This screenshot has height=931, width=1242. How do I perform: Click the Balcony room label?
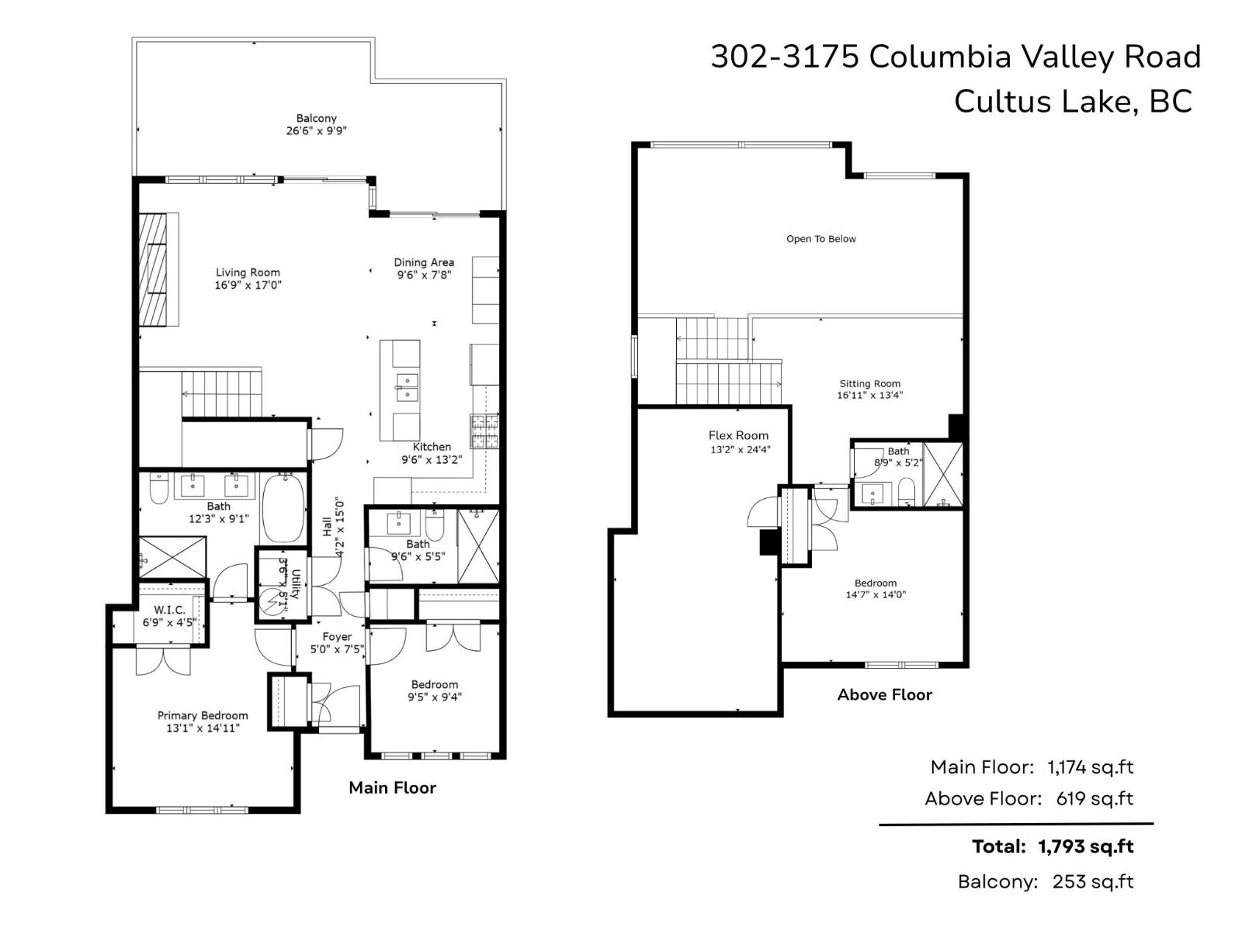[316, 119]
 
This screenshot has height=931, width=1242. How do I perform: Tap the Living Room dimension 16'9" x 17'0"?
[248, 286]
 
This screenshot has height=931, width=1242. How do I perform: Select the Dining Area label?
[423, 262]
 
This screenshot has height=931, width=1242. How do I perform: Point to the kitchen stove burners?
[484, 432]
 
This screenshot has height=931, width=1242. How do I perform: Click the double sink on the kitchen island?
[407, 387]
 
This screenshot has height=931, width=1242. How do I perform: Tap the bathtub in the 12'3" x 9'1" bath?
[283, 509]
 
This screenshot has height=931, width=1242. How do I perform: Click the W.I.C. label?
[169, 610]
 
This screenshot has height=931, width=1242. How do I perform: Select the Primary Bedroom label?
[203, 715]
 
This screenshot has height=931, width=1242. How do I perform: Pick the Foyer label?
[337, 636]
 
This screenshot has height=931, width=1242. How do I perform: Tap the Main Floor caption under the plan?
[392, 787]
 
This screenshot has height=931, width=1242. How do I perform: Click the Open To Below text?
[820, 239]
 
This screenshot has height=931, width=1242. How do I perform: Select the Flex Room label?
[738, 435]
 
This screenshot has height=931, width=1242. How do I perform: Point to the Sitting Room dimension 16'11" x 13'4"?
[869, 396]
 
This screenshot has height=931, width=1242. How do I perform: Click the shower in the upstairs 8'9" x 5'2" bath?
[942, 474]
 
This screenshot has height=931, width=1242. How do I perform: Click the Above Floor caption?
[884, 694]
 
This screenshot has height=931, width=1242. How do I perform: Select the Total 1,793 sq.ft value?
[1085, 846]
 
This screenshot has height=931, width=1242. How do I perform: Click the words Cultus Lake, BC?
[1072, 102]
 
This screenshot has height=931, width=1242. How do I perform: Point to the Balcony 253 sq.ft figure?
[1092, 881]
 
